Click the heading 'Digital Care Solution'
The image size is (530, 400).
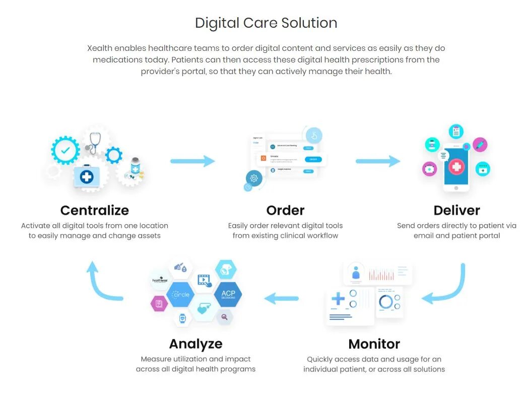[266, 23]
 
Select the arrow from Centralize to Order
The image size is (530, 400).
[192, 161]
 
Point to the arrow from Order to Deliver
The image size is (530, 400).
[378, 161]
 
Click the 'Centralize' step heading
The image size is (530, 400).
[95, 210]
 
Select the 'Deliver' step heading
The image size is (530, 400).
[456, 210]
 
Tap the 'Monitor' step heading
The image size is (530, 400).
[374, 344]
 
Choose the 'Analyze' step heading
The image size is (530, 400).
[195, 344]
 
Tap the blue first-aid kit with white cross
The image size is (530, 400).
[87, 176]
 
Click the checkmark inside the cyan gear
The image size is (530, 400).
[65, 150]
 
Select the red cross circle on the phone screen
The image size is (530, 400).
[456, 166]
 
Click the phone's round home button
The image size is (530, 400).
[456, 188]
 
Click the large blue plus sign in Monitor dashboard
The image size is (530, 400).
[338, 299]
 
